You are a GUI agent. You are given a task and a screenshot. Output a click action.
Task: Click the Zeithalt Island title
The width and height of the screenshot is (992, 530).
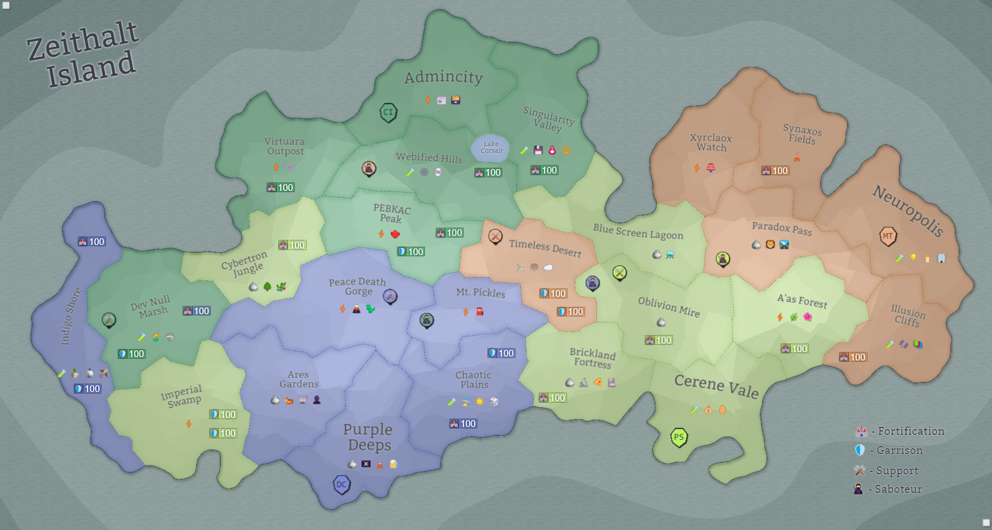[x=83, y=55]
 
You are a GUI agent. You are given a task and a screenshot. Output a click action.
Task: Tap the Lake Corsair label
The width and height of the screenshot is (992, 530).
[x=491, y=148]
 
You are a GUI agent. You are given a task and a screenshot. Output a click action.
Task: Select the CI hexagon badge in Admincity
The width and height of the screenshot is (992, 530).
[x=388, y=112]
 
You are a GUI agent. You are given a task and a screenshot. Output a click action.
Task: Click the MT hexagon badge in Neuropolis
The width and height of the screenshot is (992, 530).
[x=888, y=236]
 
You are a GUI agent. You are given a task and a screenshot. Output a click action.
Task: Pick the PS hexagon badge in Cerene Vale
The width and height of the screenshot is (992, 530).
[x=679, y=437]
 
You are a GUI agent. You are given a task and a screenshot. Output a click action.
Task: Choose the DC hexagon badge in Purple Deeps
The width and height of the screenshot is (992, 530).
[x=342, y=484]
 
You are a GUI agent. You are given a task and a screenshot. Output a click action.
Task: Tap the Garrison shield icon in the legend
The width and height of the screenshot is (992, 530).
[x=860, y=450]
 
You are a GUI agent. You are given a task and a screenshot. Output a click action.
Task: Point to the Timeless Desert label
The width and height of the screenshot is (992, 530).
[x=545, y=248]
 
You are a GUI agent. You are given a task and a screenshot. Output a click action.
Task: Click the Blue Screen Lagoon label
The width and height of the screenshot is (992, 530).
[x=637, y=231]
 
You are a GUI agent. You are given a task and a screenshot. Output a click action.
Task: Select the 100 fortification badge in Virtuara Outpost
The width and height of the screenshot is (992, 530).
[x=281, y=188]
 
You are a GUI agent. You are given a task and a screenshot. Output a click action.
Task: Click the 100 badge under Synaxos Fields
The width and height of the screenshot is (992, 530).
[x=775, y=171]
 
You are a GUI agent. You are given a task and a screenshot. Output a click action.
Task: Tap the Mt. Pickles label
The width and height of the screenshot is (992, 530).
[x=480, y=292]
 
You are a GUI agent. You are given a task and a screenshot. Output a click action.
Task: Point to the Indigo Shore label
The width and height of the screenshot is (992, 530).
[x=70, y=316]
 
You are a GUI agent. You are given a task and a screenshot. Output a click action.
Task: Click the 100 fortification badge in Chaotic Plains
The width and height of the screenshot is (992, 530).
[x=463, y=424]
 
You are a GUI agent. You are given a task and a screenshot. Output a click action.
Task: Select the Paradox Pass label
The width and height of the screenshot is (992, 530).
[x=782, y=228]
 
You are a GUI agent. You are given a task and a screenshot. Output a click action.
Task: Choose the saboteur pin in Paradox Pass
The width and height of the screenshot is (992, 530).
[x=723, y=259]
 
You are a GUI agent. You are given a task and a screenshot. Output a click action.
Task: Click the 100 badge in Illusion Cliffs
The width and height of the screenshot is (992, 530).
[x=852, y=357]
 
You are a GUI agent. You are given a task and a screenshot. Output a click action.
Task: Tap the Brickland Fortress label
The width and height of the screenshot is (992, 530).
[x=592, y=358]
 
